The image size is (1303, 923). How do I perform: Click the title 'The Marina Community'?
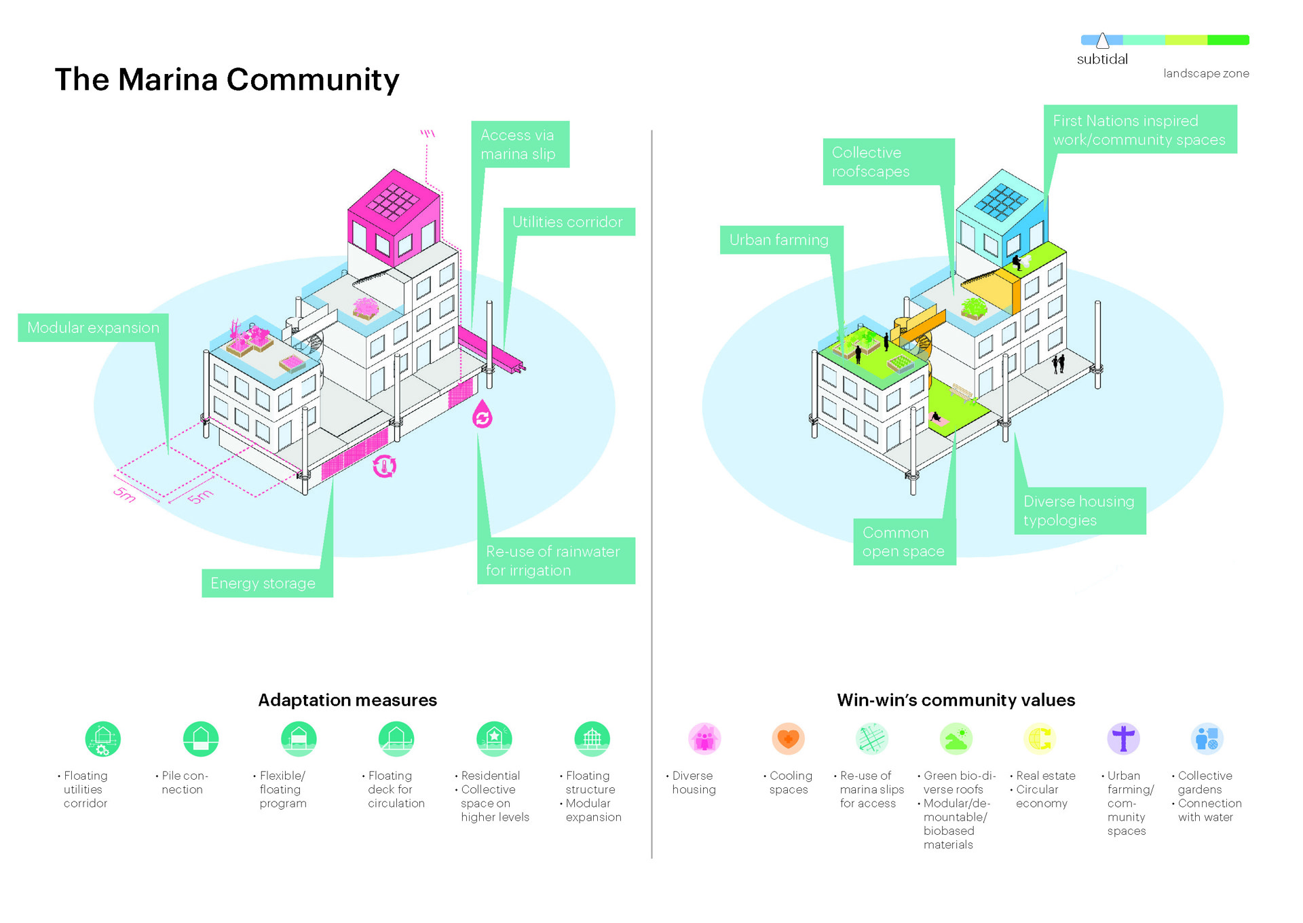pos(227,79)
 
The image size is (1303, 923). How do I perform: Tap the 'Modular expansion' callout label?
pos(93,328)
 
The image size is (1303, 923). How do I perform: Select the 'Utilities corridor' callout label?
pos(569,222)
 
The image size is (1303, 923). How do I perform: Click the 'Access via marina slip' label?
pos(520,145)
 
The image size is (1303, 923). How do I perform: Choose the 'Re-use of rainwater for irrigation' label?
pos(556,561)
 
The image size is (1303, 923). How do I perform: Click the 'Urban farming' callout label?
pos(781,240)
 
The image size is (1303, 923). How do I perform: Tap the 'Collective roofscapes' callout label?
pos(888,162)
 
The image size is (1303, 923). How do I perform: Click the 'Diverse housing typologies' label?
pos(1080,510)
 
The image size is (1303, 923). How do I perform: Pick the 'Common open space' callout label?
pos(904,542)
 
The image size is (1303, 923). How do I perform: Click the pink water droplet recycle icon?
pos(483,414)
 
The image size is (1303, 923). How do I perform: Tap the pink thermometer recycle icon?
pos(384,466)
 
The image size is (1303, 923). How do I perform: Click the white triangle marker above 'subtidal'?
pos(1103,41)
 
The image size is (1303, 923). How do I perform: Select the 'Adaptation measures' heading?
pos(347,700)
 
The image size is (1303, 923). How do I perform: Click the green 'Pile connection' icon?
pos(201,739)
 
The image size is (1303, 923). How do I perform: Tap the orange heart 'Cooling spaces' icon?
pos(788,739)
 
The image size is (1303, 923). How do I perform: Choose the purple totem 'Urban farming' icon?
pos(1123,739)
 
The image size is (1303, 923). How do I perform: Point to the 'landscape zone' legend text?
pos(1206,73)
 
